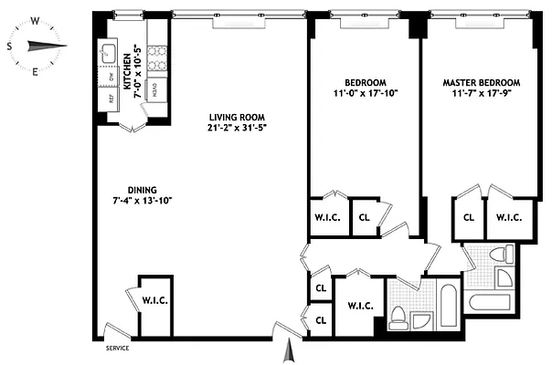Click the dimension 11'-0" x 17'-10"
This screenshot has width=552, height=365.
click(x=364, y=93)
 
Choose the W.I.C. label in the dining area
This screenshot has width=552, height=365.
click(x=154, y=300)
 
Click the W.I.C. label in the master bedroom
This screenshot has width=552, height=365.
click(x=508, y=217)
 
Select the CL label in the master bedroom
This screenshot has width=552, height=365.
click(x=468, y=217)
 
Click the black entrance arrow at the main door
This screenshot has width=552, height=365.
click(x=292, y=348)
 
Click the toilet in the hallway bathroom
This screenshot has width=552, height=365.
click(x=398, y=318)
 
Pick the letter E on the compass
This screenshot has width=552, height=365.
click(x=35, y=70)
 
